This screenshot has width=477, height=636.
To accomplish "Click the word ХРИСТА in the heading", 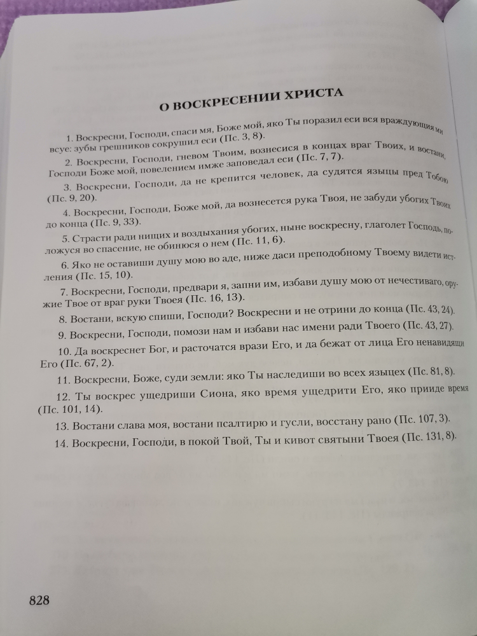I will (x=312, y=97).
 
